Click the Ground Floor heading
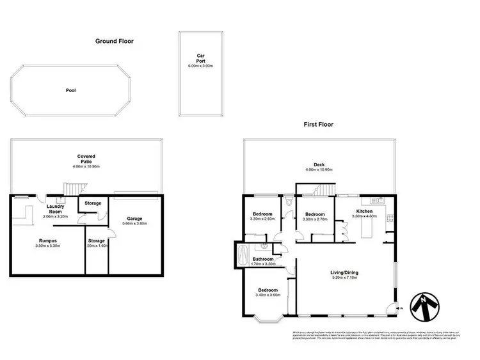[114, 41]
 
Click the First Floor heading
[318, 125]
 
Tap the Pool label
[70, 91]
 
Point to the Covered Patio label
[86, 159]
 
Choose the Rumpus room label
[49, 240]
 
